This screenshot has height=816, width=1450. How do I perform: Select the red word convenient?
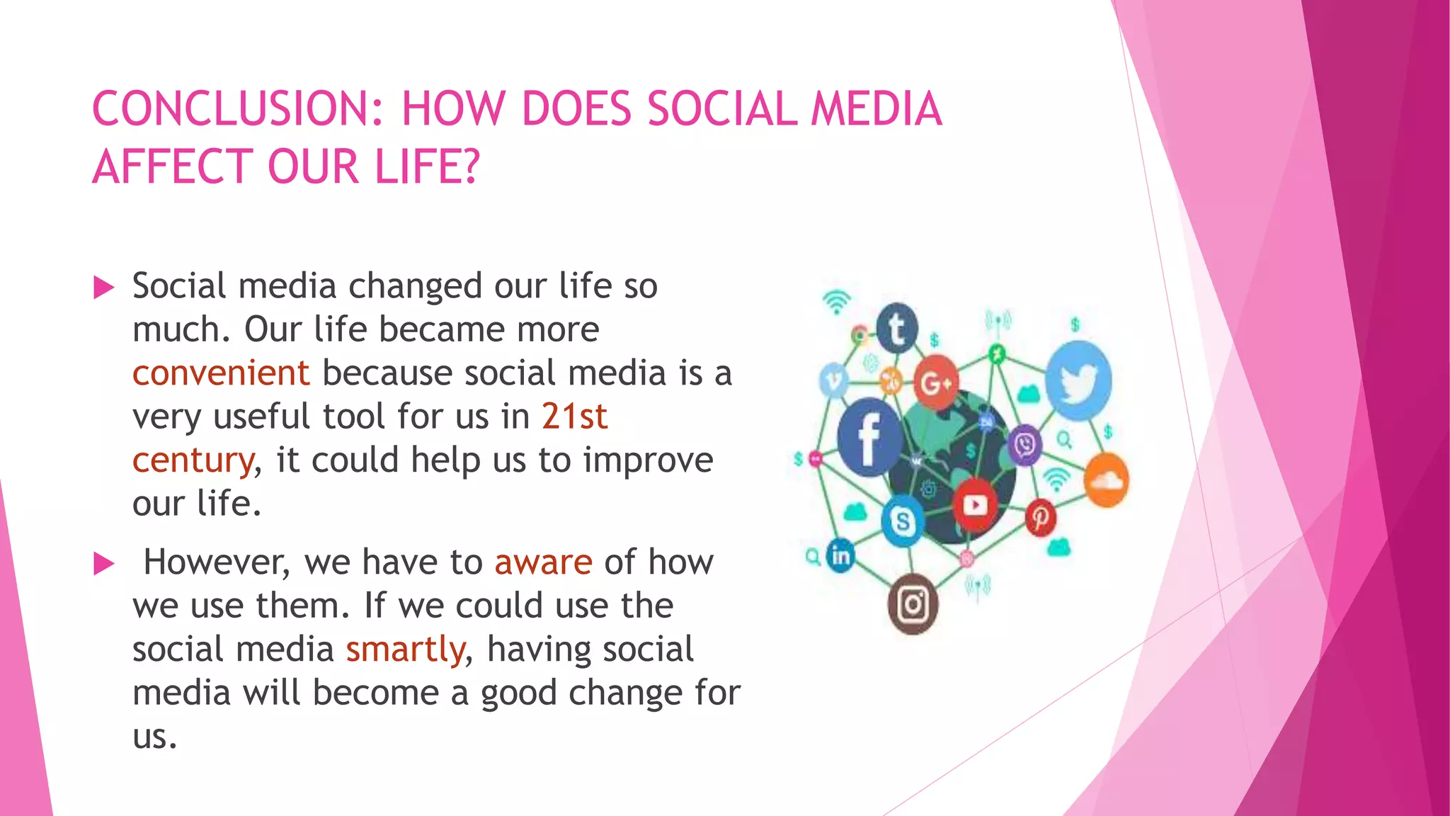coord(221,373)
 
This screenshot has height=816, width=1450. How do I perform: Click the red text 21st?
coord(574,416)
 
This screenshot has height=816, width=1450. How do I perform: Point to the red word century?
coord(193,460)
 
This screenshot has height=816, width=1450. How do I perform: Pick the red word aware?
coord(543,562)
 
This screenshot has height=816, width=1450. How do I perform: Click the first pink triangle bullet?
coord(104,288)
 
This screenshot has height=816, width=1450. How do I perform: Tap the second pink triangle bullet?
coord(104,564)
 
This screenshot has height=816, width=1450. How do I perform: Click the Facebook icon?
coord(868,438)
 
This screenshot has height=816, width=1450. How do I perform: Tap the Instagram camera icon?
coord(913,604)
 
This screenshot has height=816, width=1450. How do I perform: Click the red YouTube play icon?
coord(975,505)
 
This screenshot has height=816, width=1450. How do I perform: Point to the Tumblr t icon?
coord(897,329)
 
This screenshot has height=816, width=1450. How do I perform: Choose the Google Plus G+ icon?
coord(936,383)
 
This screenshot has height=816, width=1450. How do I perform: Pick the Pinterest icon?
coord(1040,518)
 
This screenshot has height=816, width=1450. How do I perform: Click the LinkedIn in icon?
coord(840,556)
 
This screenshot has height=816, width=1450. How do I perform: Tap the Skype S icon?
coord(903,522)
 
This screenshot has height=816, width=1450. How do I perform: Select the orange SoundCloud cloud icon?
coord(1106,481)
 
